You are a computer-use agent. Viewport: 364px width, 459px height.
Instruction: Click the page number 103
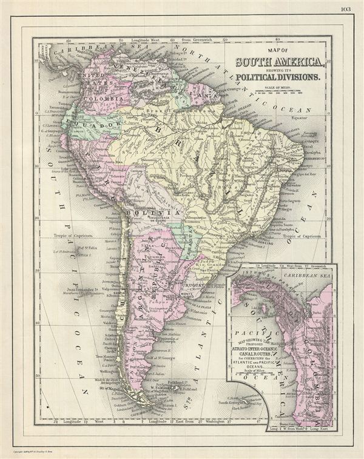coord(346,9)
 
